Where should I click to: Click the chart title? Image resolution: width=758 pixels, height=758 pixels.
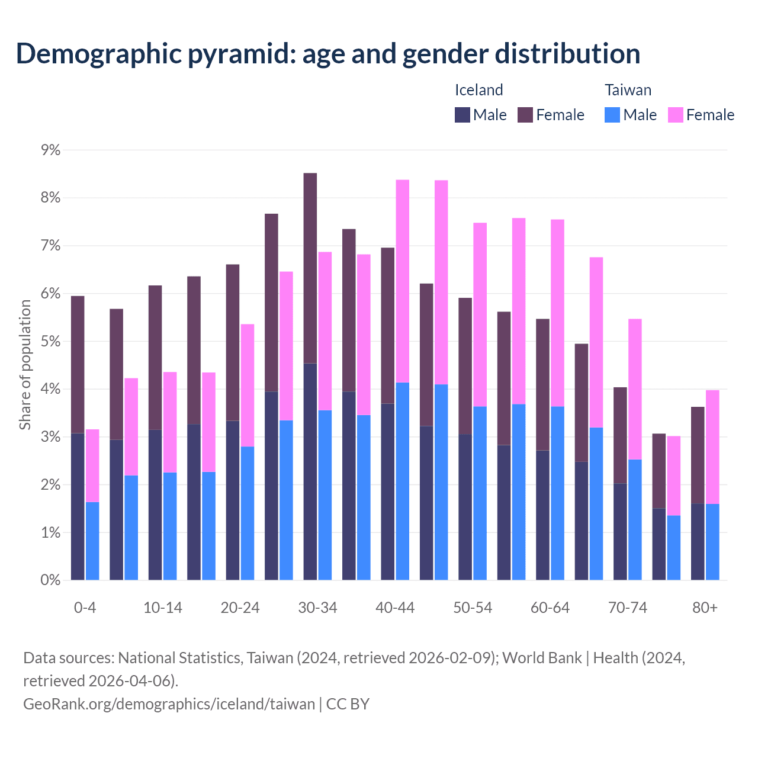328,53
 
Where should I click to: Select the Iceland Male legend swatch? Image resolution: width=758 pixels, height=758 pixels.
462,115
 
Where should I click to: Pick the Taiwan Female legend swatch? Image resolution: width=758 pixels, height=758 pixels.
676,115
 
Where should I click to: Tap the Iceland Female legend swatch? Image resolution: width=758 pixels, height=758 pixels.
525,115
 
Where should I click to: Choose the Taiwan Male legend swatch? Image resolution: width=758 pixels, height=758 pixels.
612,115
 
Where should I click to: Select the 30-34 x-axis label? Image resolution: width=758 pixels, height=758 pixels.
317,608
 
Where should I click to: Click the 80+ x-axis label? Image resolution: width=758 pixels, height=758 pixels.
705,608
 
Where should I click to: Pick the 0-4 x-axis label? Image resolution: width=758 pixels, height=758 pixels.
85,608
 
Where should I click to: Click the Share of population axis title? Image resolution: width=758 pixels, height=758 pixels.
25,364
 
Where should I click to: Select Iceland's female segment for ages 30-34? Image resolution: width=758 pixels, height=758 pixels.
310,268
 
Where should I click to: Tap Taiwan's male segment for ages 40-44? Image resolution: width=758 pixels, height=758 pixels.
403,481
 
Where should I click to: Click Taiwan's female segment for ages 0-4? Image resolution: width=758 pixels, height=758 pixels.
92,465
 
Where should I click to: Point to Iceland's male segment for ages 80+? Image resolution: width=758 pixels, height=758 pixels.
698,542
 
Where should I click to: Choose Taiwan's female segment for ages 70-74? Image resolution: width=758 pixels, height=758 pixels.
635,389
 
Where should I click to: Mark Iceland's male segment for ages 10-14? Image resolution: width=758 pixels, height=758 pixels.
155,505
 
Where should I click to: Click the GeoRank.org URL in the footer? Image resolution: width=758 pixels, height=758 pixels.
169,704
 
